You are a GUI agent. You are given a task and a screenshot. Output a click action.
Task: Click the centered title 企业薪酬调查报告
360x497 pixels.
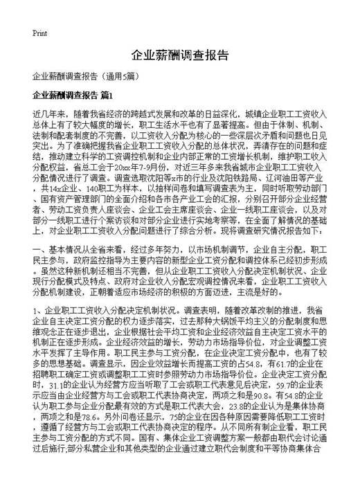click(179, 55)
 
